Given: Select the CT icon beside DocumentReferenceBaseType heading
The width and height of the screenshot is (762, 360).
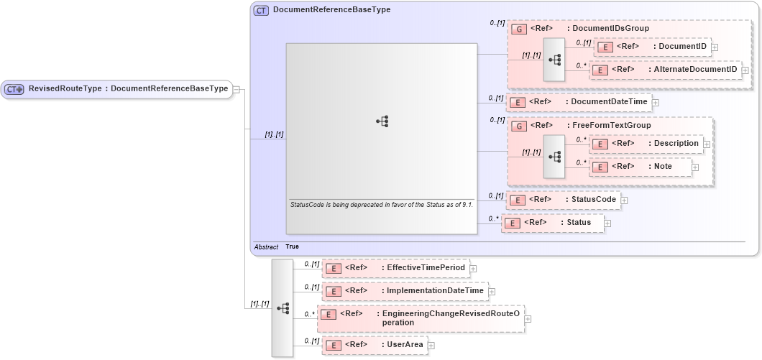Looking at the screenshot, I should click(x=261, y=10).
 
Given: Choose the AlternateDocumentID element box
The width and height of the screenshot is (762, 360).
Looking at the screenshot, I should click(x=665, y=70).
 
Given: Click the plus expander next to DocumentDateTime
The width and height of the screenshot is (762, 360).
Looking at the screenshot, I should click(x=656, y=102).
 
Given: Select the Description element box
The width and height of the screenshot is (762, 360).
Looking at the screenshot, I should click(x=646, y=144).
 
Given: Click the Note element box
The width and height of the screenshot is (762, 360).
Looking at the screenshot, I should click(x=640, y=167).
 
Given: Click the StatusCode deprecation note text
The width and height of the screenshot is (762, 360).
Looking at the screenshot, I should click(x=381, y=205).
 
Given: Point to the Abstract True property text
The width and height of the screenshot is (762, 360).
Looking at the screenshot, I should click(x=277, y=246).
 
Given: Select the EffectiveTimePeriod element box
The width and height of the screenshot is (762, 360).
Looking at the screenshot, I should click(x=395, y=268).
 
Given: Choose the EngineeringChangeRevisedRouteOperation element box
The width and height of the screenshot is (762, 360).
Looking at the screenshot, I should click(x=421, y=318).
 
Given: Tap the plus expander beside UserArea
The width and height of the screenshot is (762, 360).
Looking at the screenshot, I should click(x=431, y=346).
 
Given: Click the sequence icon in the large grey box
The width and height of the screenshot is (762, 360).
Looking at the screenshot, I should click(x=382, y=122).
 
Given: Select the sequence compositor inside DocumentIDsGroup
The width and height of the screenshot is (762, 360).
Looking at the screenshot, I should click(x=554, y=59).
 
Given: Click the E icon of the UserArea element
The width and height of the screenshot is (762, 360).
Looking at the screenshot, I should click(x=333, y=346).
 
